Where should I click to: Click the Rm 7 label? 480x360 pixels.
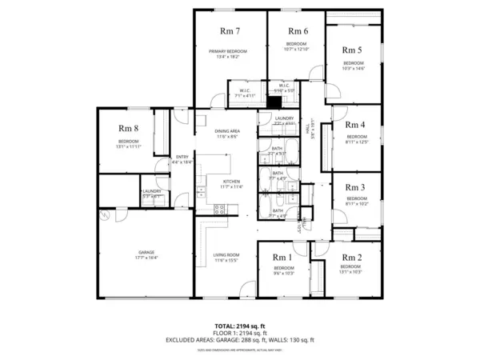point(230,31)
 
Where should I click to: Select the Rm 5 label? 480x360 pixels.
point(354,50)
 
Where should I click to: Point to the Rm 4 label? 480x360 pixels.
point(355,125)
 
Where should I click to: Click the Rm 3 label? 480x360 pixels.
point(355,187)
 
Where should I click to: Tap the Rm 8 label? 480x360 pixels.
point(129,128)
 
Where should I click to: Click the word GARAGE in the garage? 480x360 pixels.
point(146,252)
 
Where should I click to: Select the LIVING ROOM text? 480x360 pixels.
point(226,255)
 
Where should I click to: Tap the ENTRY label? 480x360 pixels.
point(182,157)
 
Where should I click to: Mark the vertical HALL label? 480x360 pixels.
point(314,125)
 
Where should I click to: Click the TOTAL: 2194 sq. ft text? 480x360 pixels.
point(239,326)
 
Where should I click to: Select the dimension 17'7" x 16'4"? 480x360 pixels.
point(146,258)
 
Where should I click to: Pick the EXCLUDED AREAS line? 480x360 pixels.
point(239,340)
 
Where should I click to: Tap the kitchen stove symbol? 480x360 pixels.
point(222,210)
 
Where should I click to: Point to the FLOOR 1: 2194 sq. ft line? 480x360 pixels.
point(239,333)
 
